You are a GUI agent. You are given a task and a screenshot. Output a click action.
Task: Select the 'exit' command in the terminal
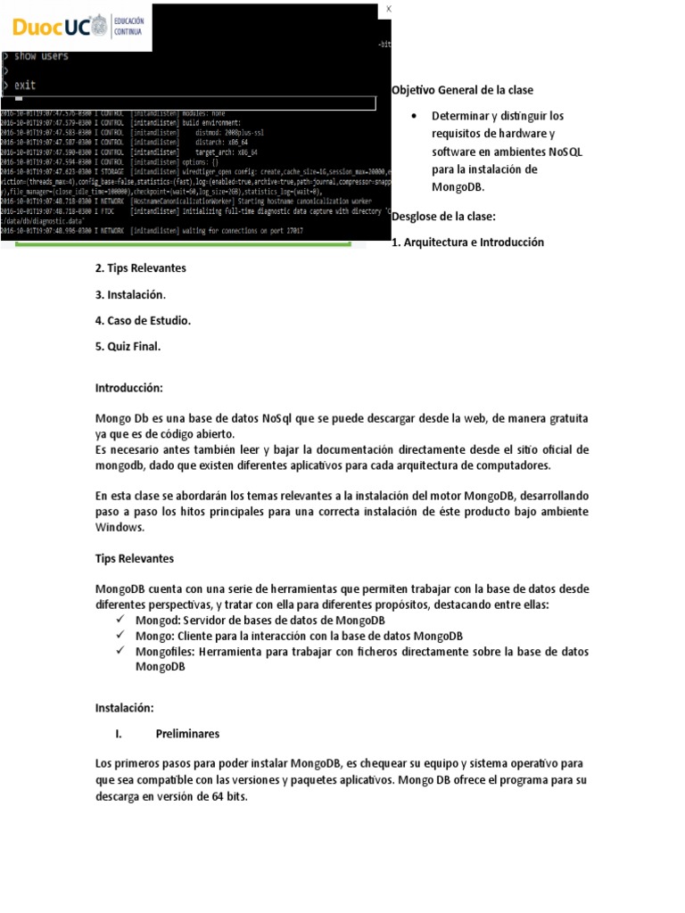[x=24, y=85]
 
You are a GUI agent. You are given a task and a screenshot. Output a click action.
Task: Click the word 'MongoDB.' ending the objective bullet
[x=458, y=188]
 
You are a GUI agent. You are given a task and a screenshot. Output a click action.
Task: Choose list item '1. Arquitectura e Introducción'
[x=467, y=243]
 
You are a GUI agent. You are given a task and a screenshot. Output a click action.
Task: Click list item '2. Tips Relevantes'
[x=141, y=268]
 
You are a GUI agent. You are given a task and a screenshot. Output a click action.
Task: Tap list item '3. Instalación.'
[x=130, y=294]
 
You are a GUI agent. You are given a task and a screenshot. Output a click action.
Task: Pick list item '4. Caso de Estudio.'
[x=143, y=320]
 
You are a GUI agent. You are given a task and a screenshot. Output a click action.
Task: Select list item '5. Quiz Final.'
[x=128, y=346]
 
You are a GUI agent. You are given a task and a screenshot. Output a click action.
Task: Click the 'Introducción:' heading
[x=130, y=389]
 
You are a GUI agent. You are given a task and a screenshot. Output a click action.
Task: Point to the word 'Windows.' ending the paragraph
[x=120, y=527]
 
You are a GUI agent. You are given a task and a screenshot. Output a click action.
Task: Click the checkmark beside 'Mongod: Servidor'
[x=121, y=620]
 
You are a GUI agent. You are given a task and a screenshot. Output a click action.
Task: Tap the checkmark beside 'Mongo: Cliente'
[x=121, y=636]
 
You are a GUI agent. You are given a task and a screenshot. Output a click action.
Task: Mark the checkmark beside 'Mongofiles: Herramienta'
[x=121, y=652]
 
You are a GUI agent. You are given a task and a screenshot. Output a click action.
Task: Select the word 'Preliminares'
[x=187, y=734]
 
